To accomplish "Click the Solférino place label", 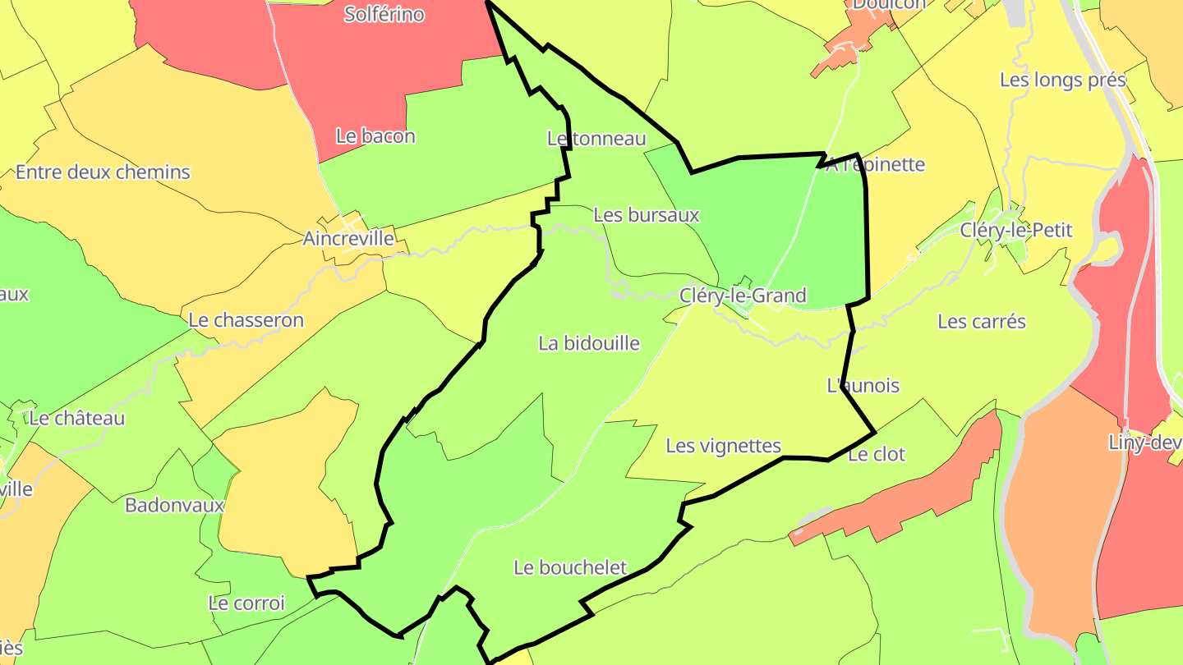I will pyautogui.click(x=384, y=14).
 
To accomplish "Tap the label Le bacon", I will pyautogui.click(x=375, y=136).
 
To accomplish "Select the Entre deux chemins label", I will pyautogui.click(x=103, y=172).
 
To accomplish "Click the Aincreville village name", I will pyautogui.click(x=348, y=238).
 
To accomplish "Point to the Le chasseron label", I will pyautogui.click(x=246, y=320).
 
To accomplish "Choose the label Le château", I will pyautogui.click(x=76, y=418).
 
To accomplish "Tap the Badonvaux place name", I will pyautogui.click(x=174, y=505).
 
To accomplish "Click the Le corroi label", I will pyautogui.click(x=246, y=603).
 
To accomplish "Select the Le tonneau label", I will pyautogui.click(x=596, y=139).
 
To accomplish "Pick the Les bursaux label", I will pyautogui.click(x=646, y=215).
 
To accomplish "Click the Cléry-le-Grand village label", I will pyautogui.click(x=743, y=296).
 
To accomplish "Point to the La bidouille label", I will pyautogui.click(x=588, y=343).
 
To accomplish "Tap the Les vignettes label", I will pyautogui.click(x=723, y=446).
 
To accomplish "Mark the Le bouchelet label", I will pyautogui.click(x=570, y=567).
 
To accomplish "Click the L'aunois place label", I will pyautogui.click(x=863, y=385).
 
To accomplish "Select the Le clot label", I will pyautogui.click(x=877, y=454).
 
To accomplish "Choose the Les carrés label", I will pyautogui.click(x=982, y=321).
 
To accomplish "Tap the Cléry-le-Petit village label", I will pyautogui.click(x=1016, y=231).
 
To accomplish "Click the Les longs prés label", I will pyautogui.click(x=1062, y=80).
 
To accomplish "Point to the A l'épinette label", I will pyautogui.click(x=875, y=164).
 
